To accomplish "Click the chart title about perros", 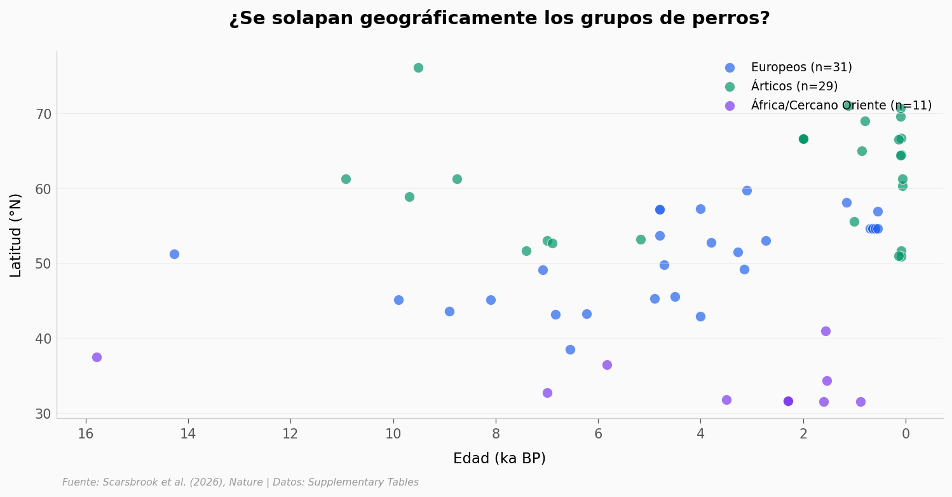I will [499, 18].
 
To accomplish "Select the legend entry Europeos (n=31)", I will [801, 67].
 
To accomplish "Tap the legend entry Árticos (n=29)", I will [794, 87].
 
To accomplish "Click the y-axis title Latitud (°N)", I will [16, 235].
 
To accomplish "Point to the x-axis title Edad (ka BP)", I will [499, 458].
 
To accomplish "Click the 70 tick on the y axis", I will [43, 115].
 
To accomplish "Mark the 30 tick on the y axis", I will [43, 414].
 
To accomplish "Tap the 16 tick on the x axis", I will [85, 435].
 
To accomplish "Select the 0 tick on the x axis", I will [906, 435].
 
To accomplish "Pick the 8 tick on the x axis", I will [496, 435].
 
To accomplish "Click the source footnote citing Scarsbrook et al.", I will [240, 482].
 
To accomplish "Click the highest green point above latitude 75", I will [418, 67].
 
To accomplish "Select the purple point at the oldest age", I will [97, 357].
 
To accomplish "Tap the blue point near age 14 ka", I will [174, 254].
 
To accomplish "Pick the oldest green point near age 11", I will [346, 179].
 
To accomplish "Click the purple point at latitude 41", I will [826, 331].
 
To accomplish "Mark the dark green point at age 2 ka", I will [803, 139].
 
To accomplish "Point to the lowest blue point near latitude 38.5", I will [570, 349].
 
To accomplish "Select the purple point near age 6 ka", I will [607, 365].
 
